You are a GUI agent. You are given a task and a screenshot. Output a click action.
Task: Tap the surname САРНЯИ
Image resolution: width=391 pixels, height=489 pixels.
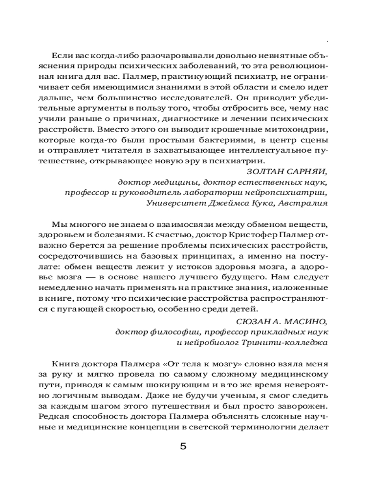(305, 171)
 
